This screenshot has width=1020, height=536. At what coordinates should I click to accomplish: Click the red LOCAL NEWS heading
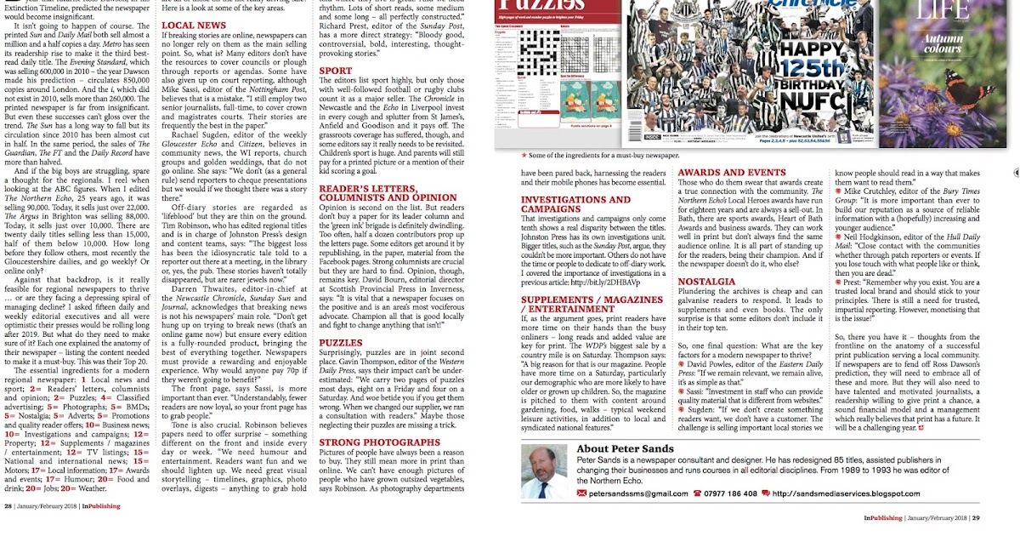click(194, 26)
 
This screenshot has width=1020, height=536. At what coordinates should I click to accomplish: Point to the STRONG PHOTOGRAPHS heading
click(379, 442)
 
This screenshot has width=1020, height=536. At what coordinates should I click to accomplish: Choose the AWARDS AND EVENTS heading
click(732, 173)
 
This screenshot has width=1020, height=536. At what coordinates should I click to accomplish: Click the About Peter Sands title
click(625, 448)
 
